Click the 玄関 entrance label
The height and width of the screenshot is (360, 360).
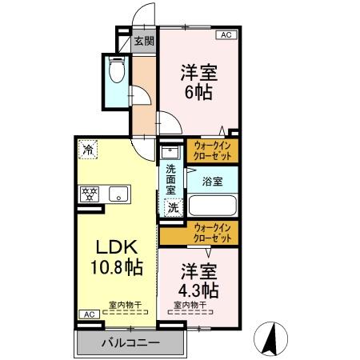click(x=144, y=42)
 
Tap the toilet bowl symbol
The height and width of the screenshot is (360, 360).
click(x=117, y=73)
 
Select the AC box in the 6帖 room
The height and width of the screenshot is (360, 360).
click(x=226, y=34)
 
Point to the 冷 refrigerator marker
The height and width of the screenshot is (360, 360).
click(x=86, y=148)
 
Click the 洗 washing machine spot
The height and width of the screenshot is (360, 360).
click(x=172, y=206)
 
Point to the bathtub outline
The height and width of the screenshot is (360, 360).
click(x=213, y=206)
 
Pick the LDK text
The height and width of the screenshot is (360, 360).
click(x=114, y=247)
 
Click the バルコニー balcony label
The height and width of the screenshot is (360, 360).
click(x=130, y=343)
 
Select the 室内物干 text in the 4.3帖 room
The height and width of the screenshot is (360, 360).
click(x=190, y=304)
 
